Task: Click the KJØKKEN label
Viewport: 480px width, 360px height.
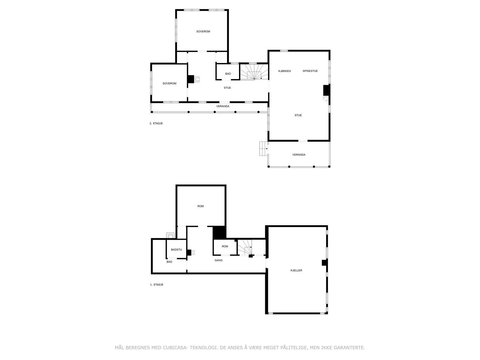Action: click(x=284, y=71)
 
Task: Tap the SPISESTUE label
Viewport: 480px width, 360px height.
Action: click(x=310, y=71)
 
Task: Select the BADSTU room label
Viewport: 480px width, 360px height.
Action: click(x=176, y=250)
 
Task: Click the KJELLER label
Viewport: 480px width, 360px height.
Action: click(x=296, y=271)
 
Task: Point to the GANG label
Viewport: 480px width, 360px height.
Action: click(x=218, y=260)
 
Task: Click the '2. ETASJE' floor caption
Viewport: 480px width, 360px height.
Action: click(x=156, y=123)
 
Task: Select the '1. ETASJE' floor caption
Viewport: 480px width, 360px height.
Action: click(x=157, y=285)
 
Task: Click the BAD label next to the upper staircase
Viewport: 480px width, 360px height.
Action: click(x=228, y=74)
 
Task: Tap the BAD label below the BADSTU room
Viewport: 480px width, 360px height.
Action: click(x=169, y=262)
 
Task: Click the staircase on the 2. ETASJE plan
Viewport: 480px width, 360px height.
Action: click(x=254, y=72)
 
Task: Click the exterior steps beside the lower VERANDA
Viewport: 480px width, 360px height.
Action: click(x=263, y=148)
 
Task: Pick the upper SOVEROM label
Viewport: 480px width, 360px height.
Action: click(x=203, y=31)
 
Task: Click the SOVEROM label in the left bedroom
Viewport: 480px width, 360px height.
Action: click(x=169, y=84)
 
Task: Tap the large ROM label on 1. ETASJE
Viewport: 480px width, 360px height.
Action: click(x=200, y=206)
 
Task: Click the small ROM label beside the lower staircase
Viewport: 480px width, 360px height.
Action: click(x=225, y=247)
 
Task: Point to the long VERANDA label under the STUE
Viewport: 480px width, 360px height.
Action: click(x=223, y=106)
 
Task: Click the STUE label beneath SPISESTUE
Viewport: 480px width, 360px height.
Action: click(x=298, y=115)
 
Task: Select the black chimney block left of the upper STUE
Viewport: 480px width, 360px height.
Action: click(x=190, y=79)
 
